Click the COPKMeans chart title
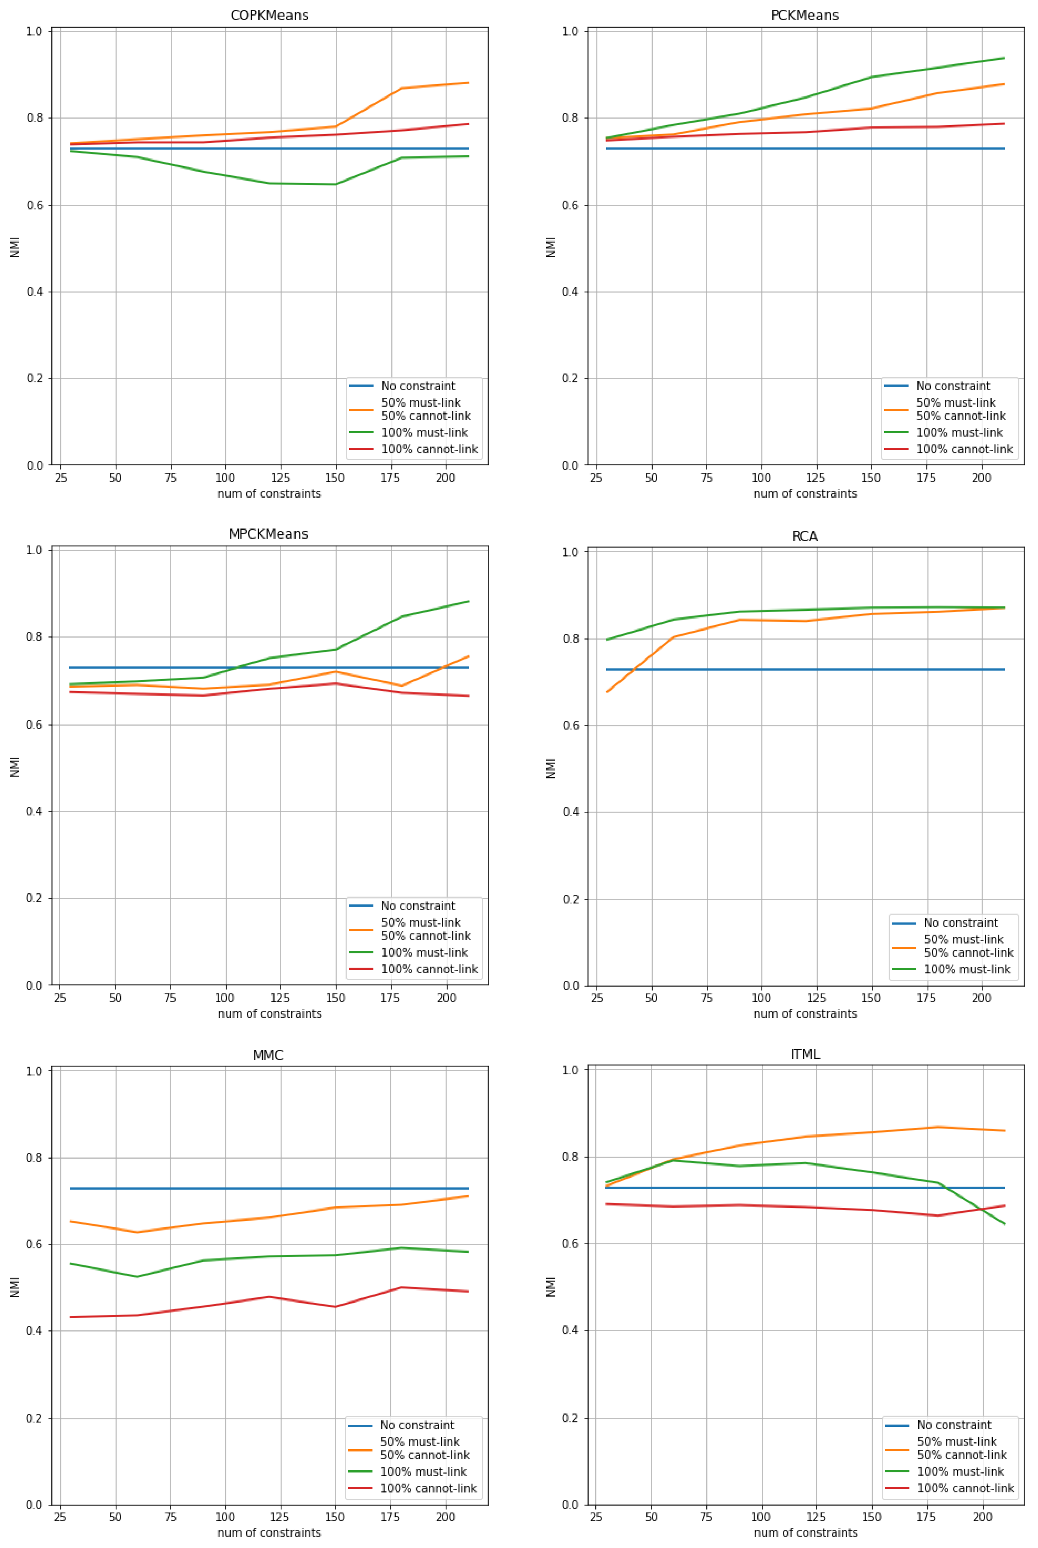[269, 15]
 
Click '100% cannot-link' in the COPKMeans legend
[429, 449]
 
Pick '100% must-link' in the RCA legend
[966, 969]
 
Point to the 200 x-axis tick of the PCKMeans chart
[981, 478]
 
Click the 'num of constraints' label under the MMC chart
[269, 1533]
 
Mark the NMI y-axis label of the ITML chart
[551, 1286]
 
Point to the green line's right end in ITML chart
[1004, 1224]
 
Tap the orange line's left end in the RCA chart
[607, 692]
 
